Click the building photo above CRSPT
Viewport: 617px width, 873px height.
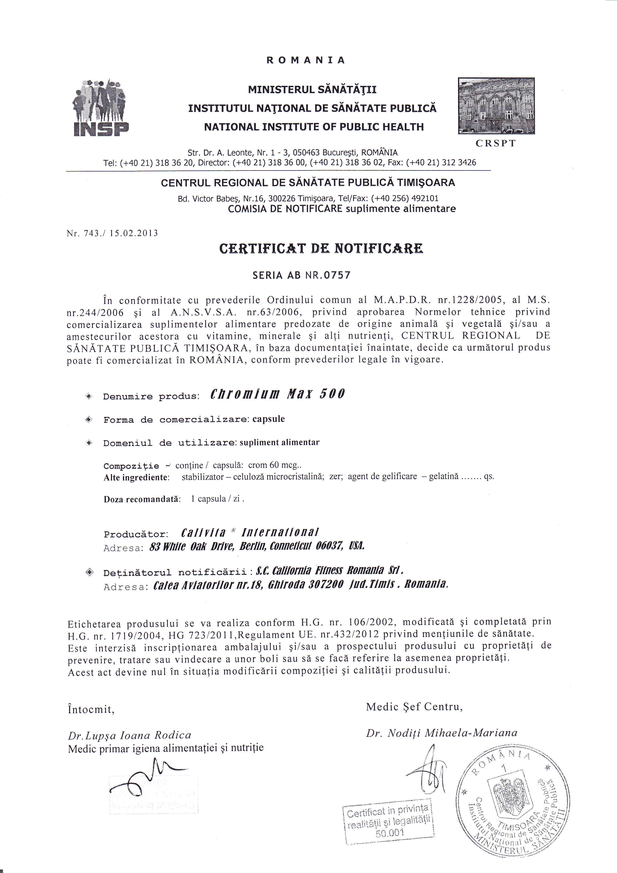point(496,106)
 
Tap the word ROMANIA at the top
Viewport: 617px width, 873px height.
point(306,60)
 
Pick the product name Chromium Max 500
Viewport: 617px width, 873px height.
point(277,394)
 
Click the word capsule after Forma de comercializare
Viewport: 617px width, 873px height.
point(269,419)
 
